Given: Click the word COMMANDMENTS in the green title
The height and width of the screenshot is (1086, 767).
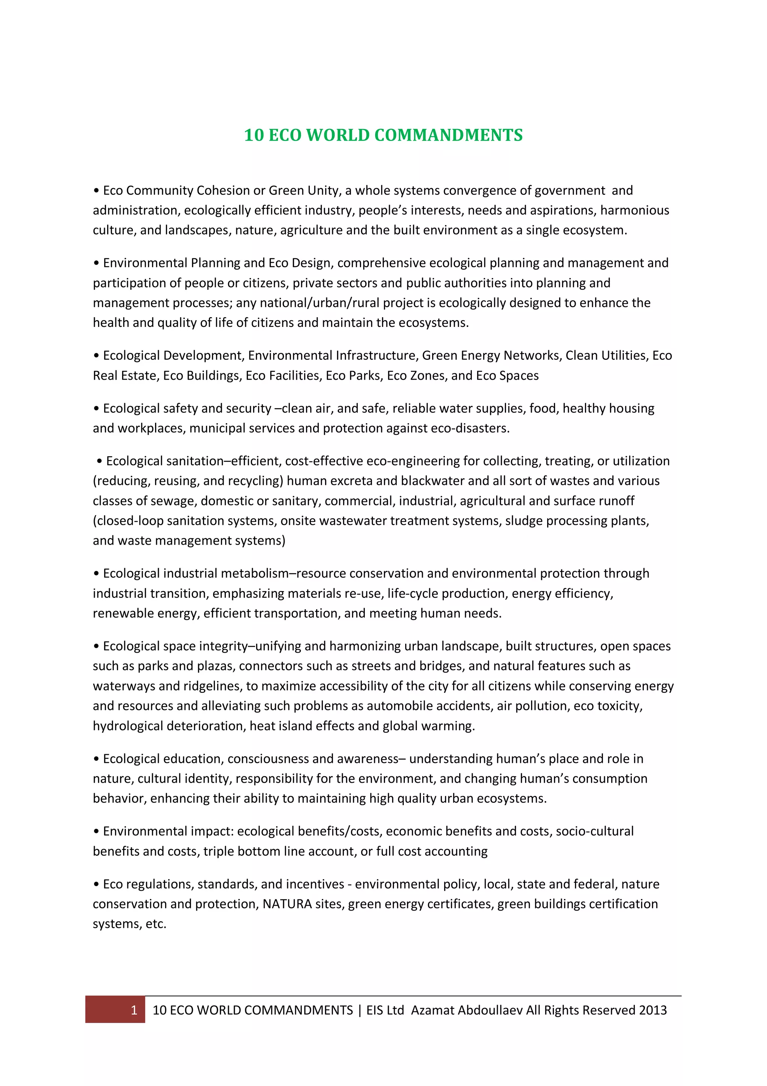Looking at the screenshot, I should [449, 135].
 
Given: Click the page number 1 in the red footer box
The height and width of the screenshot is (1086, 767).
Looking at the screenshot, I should [134, 1010].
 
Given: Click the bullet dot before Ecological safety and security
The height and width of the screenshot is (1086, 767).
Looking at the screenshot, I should [96, 409].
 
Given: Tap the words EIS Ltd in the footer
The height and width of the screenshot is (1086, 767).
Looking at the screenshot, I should [385, 1010].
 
